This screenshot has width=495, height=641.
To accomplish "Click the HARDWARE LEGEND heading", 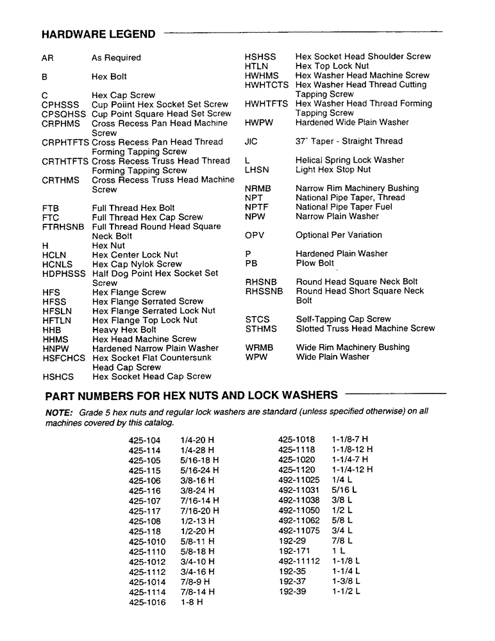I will (x=98, y=34).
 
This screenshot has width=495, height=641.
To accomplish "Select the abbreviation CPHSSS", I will (x=60, y=104).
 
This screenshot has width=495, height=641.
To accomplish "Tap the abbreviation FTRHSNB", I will (x=63, y=227).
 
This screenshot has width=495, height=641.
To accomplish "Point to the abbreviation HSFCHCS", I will (x=63, y=358).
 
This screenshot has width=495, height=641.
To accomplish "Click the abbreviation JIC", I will (x=251, y=141).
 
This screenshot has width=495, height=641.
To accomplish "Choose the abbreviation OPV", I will (x=255, y=235).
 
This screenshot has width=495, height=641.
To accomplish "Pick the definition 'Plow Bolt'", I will (x=315, y=263).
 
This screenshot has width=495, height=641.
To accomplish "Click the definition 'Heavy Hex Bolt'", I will (x=124, y=329).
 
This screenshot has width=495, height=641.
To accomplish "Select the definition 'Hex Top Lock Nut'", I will (x=332, y=66).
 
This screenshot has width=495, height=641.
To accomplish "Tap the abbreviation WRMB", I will (x=259, y=347).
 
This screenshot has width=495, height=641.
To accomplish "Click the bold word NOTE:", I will (x=59, y=412).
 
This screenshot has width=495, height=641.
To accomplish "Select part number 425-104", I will (x=144, y=441).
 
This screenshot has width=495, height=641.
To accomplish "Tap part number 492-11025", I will (x=299, y=478).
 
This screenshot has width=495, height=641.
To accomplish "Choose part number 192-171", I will (x=294, y=551).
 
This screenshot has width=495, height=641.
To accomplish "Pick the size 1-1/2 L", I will (x=346, y=591).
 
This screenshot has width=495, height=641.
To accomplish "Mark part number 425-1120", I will (x=296, y=469).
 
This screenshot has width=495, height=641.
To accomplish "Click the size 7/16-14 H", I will (x=200, y=501).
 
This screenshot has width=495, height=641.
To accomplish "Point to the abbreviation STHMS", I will (x=261, y=329).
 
